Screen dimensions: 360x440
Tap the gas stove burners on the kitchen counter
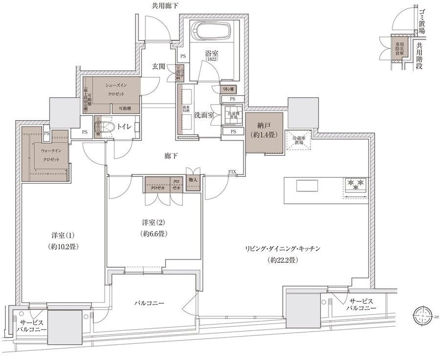(355, 185)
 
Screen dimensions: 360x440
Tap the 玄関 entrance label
(158, 66)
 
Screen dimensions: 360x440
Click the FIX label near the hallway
(232, 172)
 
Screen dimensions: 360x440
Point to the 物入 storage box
(193, 180)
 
